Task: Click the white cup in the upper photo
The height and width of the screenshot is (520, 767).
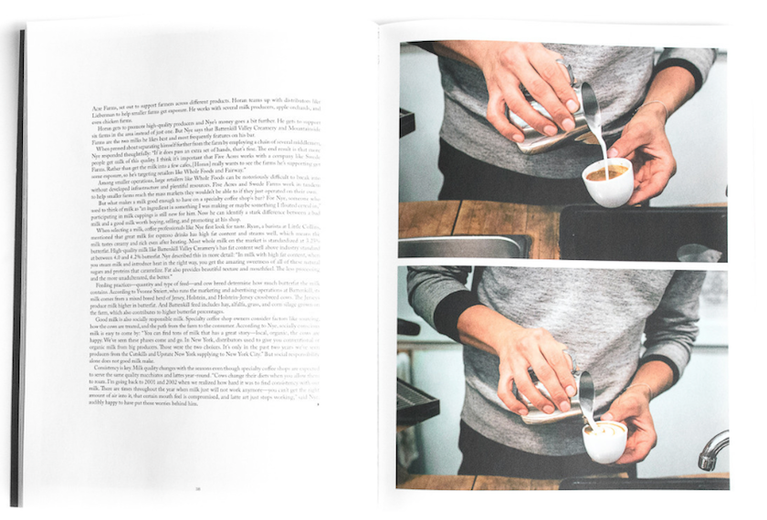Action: point(608,182)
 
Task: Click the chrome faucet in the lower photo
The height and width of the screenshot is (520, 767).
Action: point(711,449)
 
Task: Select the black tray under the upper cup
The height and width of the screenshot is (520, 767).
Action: point(639,233)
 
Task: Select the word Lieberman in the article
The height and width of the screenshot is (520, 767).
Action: point(105,113)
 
